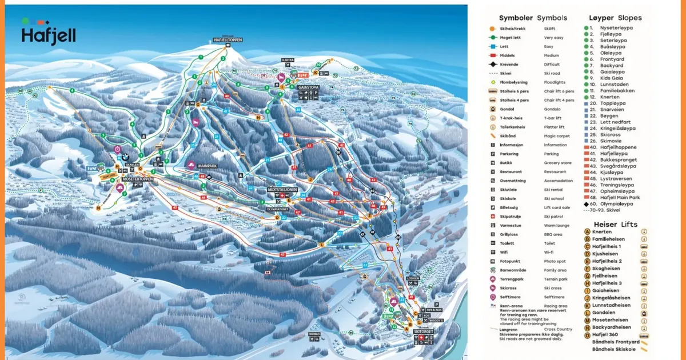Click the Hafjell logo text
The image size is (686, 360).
[48, 35]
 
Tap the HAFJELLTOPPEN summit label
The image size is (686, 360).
[228, 40]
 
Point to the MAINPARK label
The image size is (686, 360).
[209, 165]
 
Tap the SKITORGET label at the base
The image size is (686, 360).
[424, 331]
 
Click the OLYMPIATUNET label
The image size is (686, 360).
[280, 210]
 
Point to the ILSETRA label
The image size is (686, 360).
[288, 59]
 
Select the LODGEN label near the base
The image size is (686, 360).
[413, 279]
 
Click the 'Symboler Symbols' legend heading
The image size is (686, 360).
[533, 18]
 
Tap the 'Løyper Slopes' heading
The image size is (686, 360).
[615, 18]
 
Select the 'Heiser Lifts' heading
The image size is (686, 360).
[615, 225]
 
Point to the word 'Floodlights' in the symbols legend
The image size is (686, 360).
[558, 82]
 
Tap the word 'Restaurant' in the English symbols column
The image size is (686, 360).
[555, 171]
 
